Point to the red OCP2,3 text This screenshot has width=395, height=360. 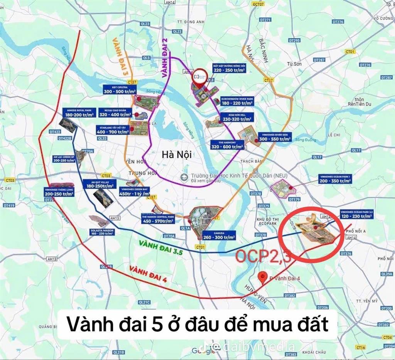263,257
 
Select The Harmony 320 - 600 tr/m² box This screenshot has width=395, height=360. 227,145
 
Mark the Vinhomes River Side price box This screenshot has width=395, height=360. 275,137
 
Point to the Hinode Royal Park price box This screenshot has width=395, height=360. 79,113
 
